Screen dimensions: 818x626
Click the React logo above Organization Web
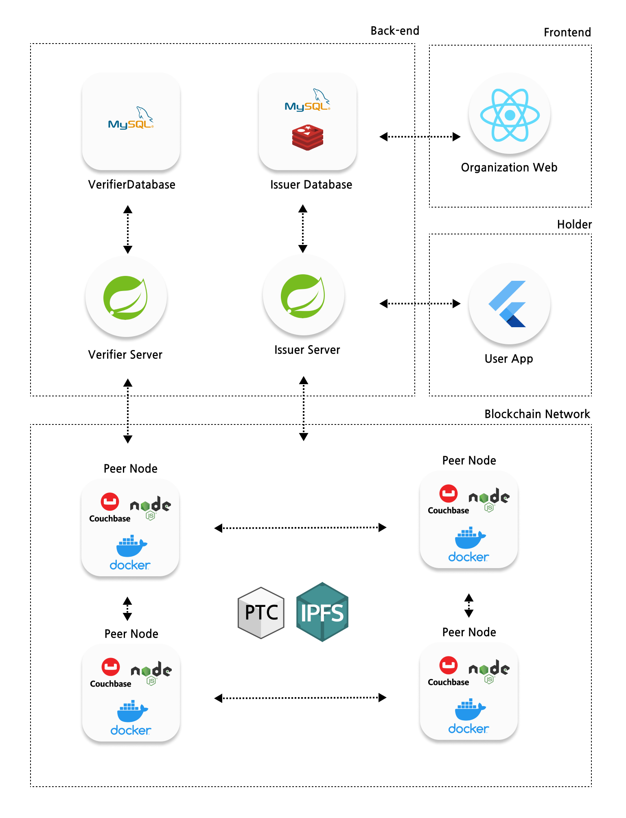510,115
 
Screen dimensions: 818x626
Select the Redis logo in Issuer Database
307,138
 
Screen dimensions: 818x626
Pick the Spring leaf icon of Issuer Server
303,296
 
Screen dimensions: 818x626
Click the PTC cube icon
261,612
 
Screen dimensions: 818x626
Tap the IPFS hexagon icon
322,612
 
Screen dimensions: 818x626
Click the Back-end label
394,31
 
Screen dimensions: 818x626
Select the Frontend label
567,33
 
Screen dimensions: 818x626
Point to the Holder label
574,225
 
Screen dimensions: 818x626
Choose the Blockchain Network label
537,414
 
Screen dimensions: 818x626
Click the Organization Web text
509,168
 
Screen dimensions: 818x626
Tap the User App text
508,359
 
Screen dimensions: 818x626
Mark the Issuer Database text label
311,185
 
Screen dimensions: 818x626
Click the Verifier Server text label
125,355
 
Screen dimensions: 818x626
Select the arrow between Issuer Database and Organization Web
420,137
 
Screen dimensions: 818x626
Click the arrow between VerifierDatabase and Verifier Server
128,230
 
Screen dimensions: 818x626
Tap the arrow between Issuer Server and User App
420,304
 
